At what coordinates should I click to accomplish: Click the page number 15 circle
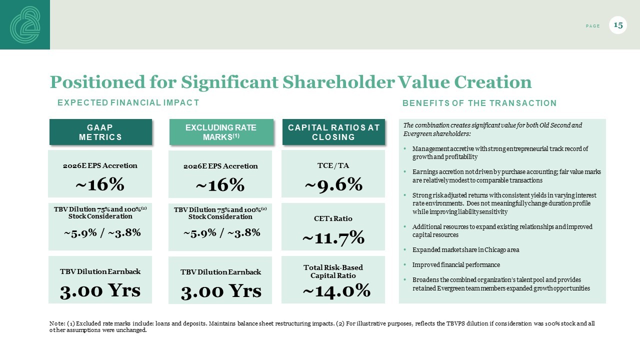618,25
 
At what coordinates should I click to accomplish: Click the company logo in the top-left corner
25,24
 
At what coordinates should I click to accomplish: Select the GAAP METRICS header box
100,132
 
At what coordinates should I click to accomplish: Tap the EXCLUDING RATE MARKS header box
221,132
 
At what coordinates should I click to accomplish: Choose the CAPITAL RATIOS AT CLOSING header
334,132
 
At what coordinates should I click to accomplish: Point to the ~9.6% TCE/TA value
333,185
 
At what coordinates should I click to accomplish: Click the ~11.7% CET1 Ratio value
333,238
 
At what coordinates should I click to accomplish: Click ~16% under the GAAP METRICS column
100,184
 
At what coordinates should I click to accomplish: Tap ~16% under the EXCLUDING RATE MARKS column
220,185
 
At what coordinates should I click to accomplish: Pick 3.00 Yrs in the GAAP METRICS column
100,290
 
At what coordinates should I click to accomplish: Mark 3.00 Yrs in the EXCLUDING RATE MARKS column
220,291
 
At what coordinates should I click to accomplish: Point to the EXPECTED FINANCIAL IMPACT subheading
128,102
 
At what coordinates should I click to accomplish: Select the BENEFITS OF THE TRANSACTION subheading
479,103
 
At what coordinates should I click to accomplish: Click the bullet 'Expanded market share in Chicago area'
465,249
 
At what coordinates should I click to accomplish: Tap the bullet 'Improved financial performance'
456,264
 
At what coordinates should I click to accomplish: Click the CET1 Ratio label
333,218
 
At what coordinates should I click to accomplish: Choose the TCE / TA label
333,165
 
